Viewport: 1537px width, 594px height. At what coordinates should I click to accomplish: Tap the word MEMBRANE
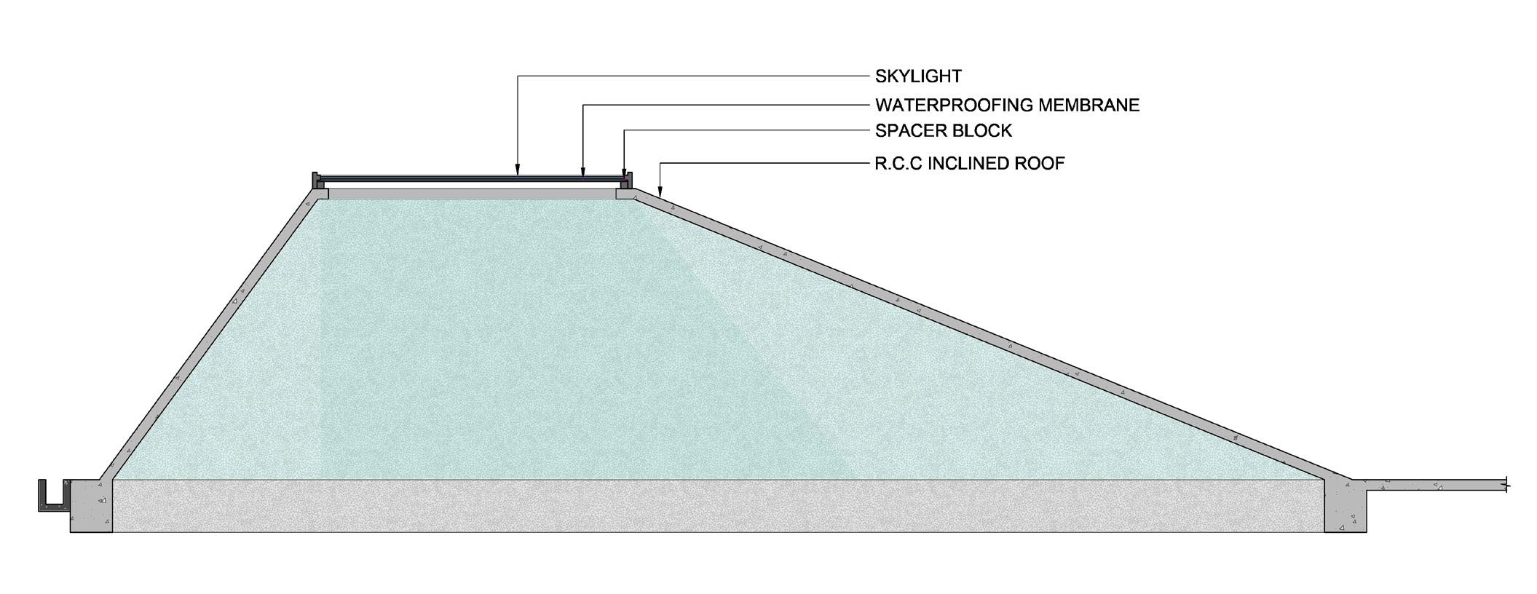tap(1088, 105)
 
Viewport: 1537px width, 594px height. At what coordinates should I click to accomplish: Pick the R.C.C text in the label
tap(896, 163)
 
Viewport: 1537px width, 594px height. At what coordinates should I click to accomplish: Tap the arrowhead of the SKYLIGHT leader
tap(517, 172)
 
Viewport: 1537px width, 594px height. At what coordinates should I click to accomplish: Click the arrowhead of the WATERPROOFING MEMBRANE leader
tap(582, 173)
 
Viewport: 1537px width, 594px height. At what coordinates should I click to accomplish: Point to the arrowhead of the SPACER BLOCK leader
tap(624, 174)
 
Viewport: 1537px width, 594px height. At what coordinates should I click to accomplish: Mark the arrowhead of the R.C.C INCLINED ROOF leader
tap(660, 191)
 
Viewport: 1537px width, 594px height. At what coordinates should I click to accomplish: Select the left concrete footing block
tap(91, 507)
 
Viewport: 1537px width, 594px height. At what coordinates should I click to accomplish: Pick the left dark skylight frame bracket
tap(317, 181)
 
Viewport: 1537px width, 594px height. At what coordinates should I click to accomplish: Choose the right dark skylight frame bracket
tap(627, 181)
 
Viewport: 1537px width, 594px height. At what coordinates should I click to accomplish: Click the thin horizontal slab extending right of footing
tap(1434, 485)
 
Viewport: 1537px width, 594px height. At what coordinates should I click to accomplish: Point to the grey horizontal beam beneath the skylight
tap(472, 194)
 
